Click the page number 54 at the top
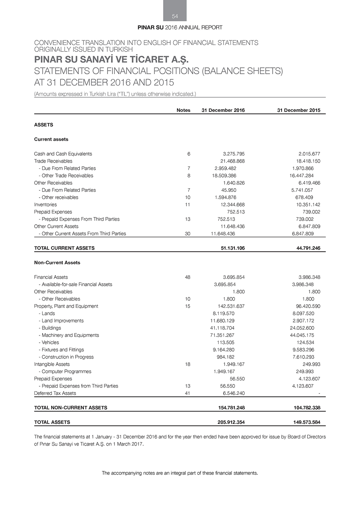(175, 16)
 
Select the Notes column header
(183, 110)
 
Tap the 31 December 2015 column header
(298, 110)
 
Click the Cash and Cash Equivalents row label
(63, 154)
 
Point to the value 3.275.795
(234, 154)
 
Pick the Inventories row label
(45, 204)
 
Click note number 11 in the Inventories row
(188, 204)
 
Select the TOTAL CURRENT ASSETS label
(64, 248)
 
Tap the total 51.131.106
(233, 248)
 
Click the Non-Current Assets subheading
(57, 262)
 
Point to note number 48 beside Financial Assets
(188, 277)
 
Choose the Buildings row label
(51, 328)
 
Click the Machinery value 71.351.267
(222, 335)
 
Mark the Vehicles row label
(50, 342)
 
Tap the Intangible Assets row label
(52, 364)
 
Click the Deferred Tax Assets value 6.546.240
(234, 393)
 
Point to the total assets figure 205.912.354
(231, 422)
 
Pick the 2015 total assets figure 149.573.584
(307, 422)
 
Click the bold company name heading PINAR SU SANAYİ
(111, 59)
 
